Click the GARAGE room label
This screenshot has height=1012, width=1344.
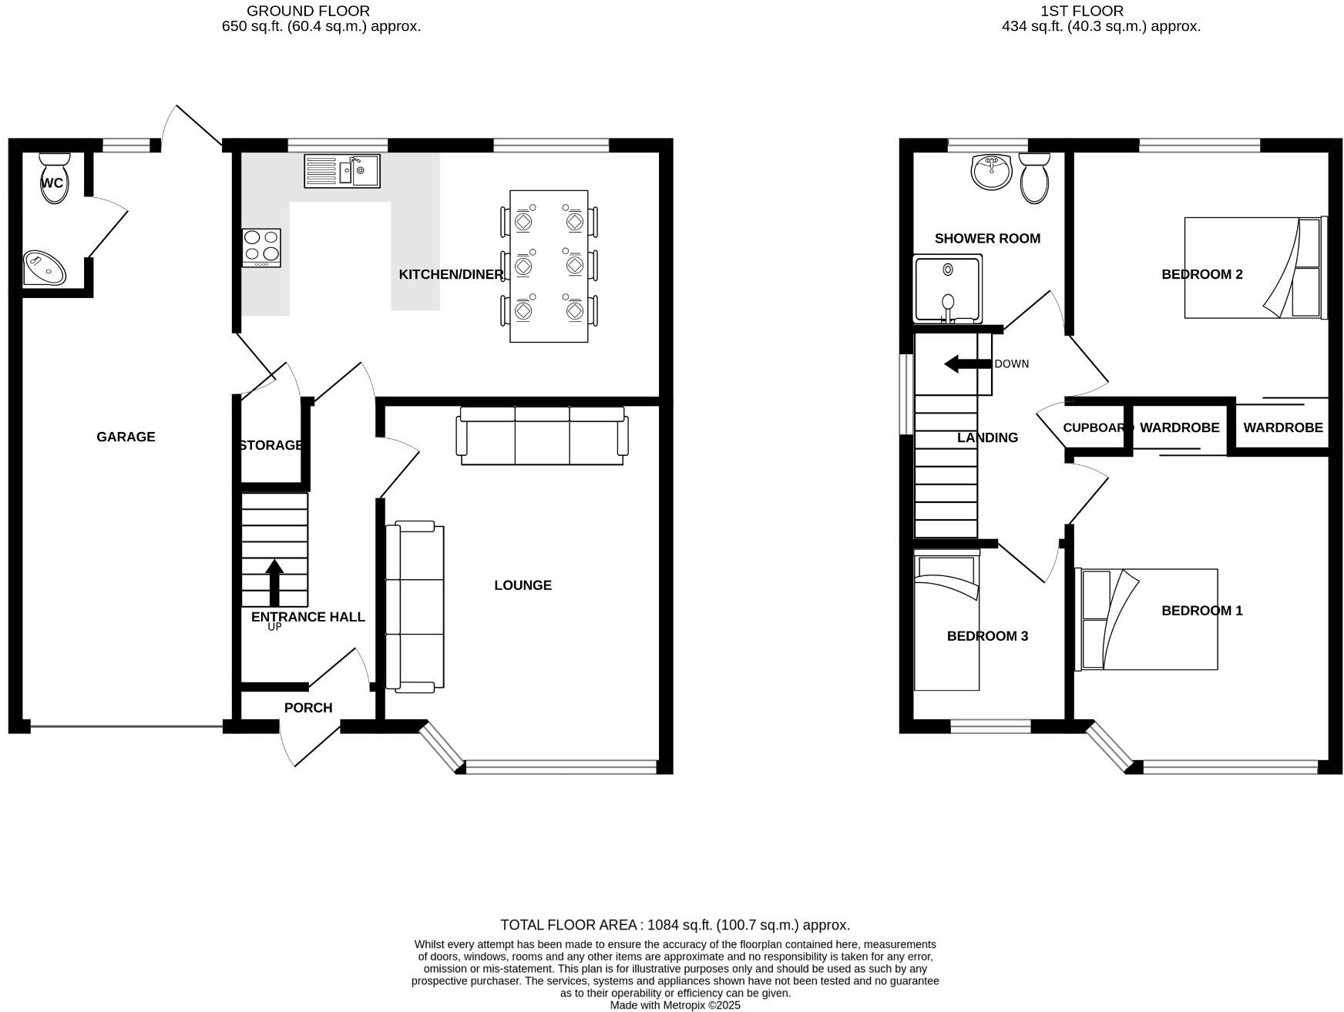point(126,437)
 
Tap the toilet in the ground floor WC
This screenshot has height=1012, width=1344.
point(54,179)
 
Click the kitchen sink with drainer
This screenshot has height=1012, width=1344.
point(341,171)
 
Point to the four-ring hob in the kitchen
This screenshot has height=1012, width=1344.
point(261,248)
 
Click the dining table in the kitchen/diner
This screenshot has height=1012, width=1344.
point(549,266)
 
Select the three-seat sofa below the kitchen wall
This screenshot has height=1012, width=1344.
point(543,436)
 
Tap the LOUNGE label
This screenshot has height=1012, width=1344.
point(522,585)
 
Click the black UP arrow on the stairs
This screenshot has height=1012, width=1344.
point(274,581)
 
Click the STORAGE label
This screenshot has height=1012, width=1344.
point(270,445)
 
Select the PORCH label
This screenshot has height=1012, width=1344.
point(308,708)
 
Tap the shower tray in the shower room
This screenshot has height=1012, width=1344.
point(948,289)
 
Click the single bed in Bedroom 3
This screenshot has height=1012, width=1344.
point(946,624)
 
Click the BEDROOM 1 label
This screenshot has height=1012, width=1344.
point(1201,611)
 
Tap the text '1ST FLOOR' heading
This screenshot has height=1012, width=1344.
point(1081,11)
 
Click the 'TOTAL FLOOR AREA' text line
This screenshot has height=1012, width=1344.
point(674,925)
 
